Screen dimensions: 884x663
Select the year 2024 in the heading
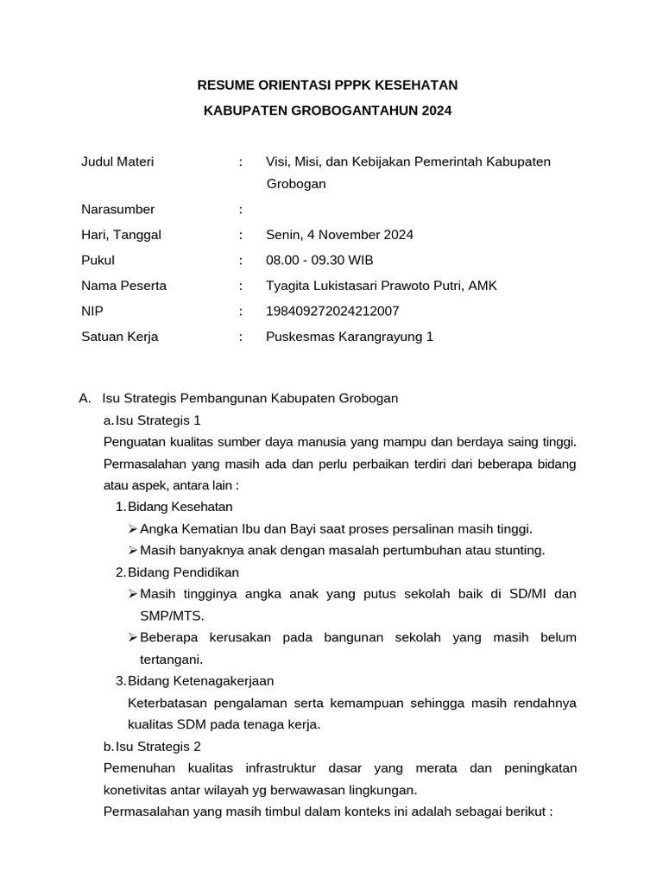pyautogui.click(x=436, y=110)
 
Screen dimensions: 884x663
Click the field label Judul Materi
pyautogui.click(x=117, y=162)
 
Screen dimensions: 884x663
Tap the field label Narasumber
pyautogui.click(x=117, y=209)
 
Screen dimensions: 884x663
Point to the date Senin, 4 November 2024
pyautogui.click(x=339, y=234)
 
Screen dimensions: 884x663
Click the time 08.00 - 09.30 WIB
pyautogui.click(x=319, y=260)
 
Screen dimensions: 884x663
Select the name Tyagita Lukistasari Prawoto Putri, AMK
pyautogui.click(x=382, y=286)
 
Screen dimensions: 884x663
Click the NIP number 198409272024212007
pyautogui.click(x=332, y=311)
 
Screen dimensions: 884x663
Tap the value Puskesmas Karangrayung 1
pyautogui.click(x=350, y=337)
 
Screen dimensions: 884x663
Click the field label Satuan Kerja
pyautogui.click(x=119, y=337)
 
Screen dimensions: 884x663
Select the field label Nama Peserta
pyautogui.click(x=123, y=286)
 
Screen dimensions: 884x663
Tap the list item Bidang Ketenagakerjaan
pyautogui.click(x=200, y=681)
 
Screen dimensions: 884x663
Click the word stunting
pyautogui.click(x=518, y=550)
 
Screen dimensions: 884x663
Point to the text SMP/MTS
pyautogui.click(x=173, y=616)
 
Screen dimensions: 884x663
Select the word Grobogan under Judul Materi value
pyautogui.click(x=296, y=184)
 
